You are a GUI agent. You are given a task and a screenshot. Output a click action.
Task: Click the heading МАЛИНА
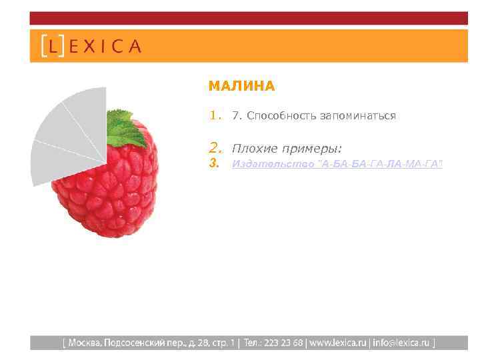point(241,86)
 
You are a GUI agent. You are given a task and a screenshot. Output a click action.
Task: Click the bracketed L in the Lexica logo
point(52,46)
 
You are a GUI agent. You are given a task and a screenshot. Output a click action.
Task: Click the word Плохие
point(253,147)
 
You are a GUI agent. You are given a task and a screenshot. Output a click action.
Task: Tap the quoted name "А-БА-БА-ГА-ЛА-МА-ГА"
point(381,164)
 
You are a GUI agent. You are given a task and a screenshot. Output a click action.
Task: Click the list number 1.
point(214,115)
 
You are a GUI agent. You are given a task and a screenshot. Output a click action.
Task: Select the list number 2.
point(214,147)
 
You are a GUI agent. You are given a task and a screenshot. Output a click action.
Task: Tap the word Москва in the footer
point(83,343)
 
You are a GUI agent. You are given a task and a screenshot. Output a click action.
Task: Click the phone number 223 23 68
point(283,343)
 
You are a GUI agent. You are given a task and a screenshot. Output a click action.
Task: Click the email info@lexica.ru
point(402,343)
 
